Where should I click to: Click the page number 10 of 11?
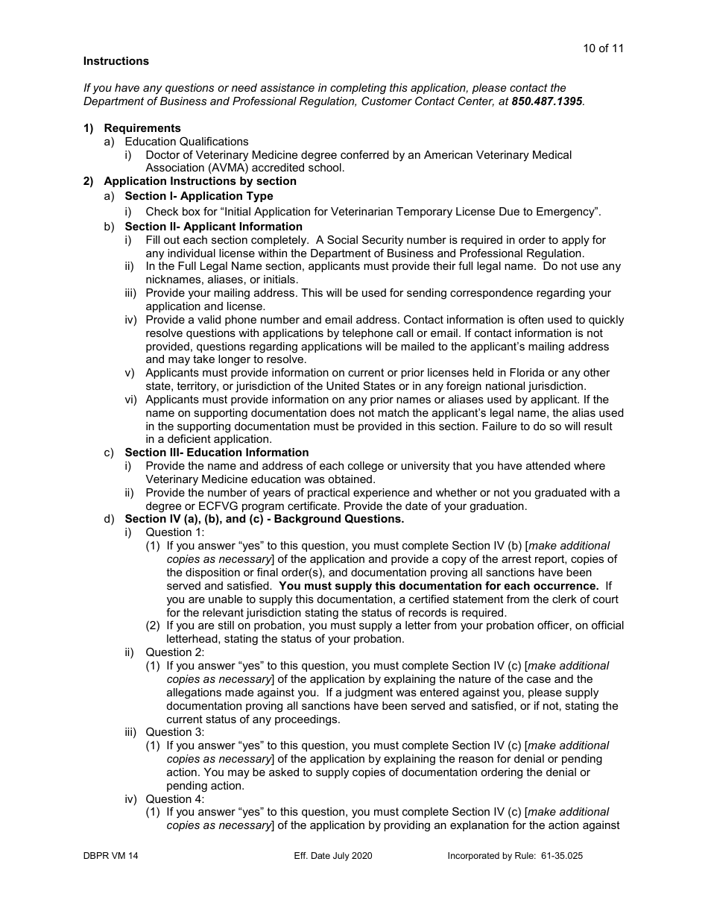coord(603,48)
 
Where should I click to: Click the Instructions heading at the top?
coord(116,61)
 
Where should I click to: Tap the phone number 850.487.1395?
coord(547,101)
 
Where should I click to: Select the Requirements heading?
coord(142,128)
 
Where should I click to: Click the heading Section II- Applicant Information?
coord(213,227)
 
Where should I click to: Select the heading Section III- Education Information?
coord(216,453)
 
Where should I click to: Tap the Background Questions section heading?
coord(264,519)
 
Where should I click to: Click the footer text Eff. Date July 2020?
coord(333,856)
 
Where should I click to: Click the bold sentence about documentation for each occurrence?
coord(439,586)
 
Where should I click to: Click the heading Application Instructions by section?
coord(200,181)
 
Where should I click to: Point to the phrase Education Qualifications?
coord(186,142)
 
